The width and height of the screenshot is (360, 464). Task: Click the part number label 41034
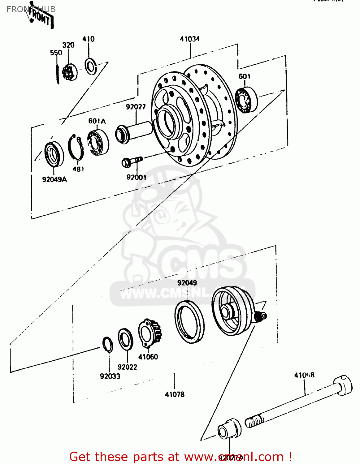coord(190,39)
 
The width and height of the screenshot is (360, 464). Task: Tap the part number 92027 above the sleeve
coord(136,107)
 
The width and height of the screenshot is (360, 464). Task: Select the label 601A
coord(97,121)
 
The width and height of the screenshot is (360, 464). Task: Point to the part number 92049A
coord(54,179)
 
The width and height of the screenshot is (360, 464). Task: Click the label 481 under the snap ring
coord(78,169)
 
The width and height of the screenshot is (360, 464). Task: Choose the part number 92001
coord(136,177)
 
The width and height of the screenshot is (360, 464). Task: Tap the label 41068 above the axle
coord(304,375)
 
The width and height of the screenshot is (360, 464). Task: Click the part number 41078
coord(175,394)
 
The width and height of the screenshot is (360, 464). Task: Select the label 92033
coord(110,376)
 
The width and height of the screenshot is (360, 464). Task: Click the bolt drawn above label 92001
coord(132,161)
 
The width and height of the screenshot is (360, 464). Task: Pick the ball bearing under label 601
coord(246,100)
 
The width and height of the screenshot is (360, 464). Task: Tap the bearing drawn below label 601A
coord(98,142)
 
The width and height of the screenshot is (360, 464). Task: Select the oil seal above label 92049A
coord(54,154)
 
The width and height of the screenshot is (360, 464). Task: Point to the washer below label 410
coord(91,66)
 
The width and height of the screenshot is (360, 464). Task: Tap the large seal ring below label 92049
coord(189,321)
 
